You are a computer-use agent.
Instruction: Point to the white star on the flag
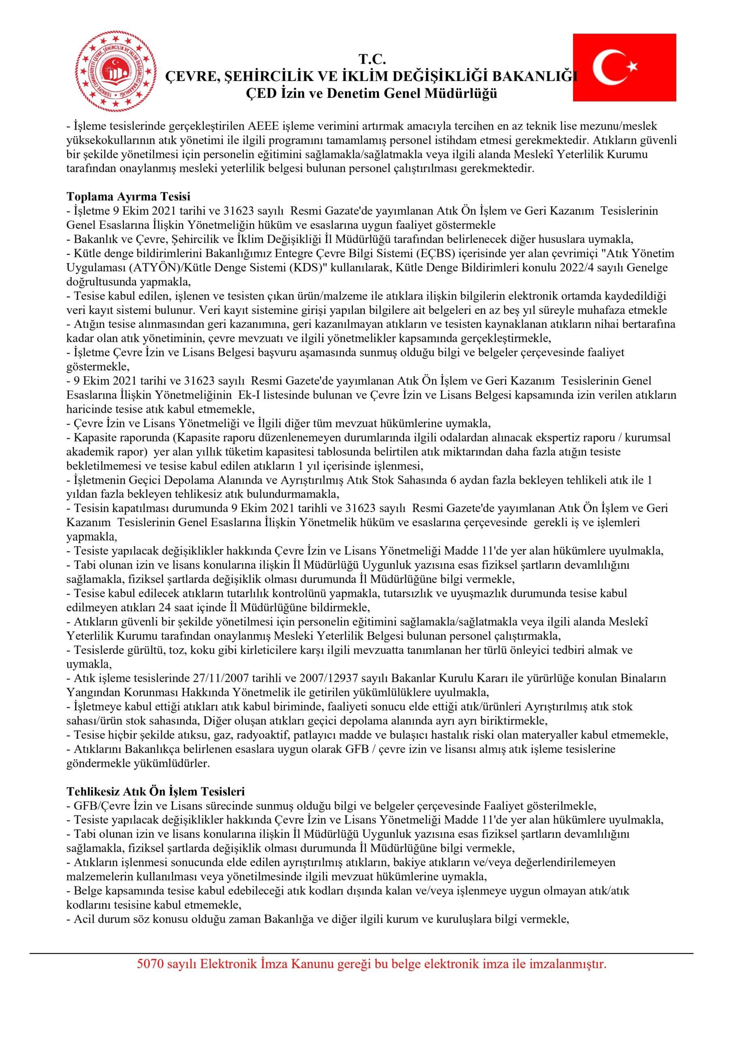631,66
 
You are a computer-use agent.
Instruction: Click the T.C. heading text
372,59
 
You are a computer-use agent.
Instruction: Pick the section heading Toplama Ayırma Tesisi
128,196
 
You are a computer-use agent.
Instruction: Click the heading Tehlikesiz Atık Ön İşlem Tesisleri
156,791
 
